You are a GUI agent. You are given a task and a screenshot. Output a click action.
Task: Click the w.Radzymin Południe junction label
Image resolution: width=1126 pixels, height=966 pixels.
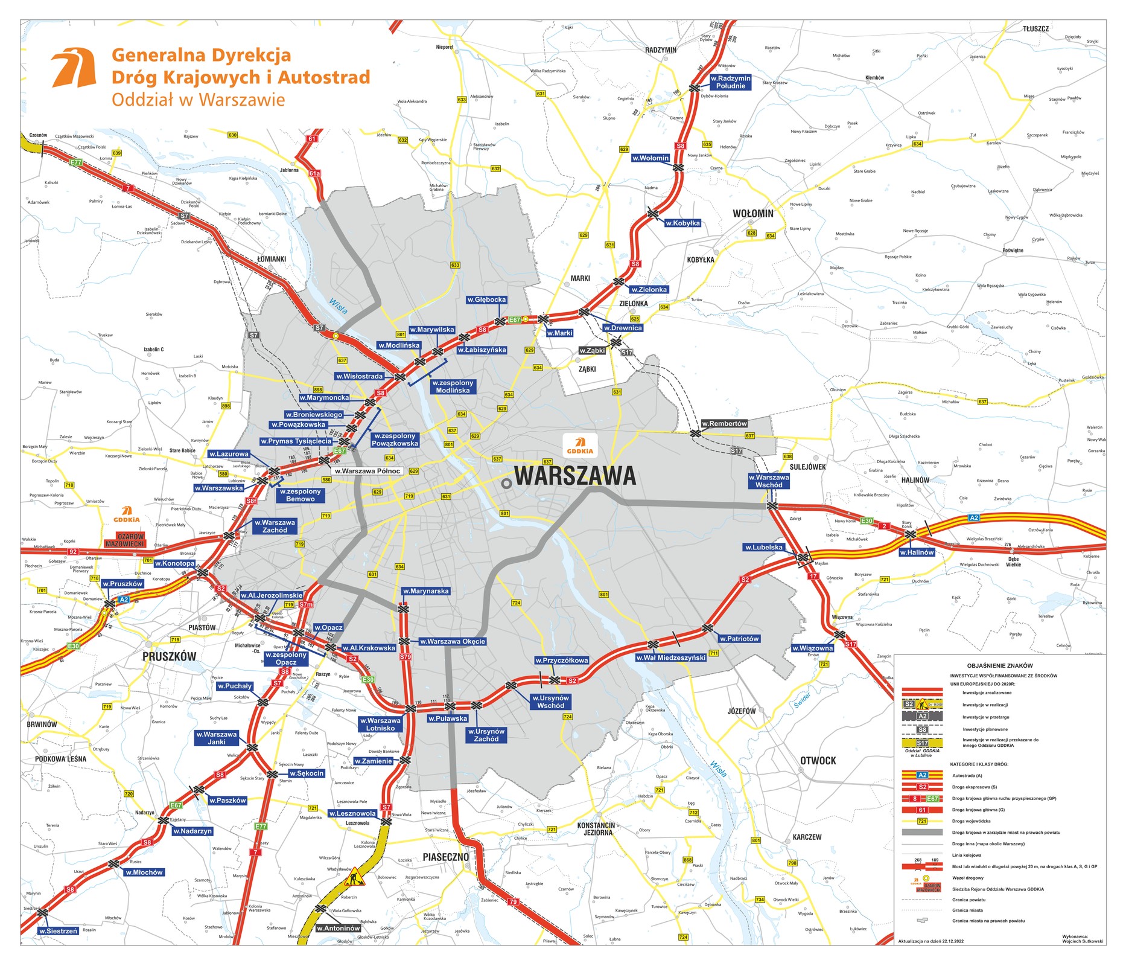coord(730,82)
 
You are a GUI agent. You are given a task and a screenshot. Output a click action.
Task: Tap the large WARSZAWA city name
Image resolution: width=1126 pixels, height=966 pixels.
coord(574,476)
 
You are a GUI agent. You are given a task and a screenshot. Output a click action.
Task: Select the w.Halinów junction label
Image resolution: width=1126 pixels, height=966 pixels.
coord(916,552)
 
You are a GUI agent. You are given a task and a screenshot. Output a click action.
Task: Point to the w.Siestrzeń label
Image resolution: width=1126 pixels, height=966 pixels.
coord(58,931)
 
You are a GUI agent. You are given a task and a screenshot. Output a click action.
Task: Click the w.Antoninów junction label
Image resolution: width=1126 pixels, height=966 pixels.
coord(338,928)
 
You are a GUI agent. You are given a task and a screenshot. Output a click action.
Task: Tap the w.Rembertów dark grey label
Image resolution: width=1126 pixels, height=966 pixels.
coord(724,424)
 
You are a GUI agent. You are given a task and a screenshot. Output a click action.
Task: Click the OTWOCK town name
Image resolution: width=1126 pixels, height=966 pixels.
coord(818,761)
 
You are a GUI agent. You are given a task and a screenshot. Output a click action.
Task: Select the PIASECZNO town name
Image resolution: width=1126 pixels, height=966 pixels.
coord(445,857)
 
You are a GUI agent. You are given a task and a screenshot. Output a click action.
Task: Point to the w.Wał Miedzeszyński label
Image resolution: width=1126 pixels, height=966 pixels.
coord(670,657)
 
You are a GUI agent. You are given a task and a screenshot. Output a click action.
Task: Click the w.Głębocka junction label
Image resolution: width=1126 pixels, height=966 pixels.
coord(486,300)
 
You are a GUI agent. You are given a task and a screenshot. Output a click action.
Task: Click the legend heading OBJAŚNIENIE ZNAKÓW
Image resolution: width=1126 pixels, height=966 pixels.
coord(1000,665)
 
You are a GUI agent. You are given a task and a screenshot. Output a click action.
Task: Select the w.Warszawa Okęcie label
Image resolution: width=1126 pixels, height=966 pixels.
coord(452,641)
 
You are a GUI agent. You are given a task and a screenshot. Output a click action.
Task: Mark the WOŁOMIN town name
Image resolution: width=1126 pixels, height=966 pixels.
coord(752,214)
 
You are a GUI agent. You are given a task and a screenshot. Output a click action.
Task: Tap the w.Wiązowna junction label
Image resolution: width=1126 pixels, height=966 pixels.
coord(812,648)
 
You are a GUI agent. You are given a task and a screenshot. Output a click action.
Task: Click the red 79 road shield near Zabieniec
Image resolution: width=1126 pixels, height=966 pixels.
coord(513,902)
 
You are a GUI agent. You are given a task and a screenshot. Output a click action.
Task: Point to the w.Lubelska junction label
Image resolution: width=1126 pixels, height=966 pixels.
coord(763,548)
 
